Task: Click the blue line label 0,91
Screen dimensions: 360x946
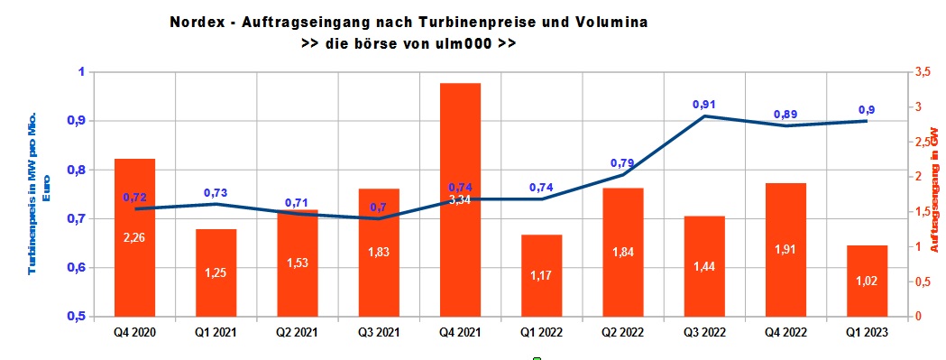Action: (x=704, y=105)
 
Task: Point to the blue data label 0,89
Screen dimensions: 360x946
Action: (x=785, y=115)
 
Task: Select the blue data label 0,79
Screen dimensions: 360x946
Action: (x=623, y=163)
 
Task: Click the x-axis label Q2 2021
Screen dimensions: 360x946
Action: (x=298, y=332)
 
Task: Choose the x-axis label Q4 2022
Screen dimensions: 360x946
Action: (x=785, y=332)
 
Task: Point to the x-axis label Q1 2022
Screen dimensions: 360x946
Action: (x=541, y=332)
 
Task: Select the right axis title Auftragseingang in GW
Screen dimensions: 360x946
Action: (x=935, y=194)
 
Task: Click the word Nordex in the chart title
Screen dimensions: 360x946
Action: (x=195, y=20)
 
